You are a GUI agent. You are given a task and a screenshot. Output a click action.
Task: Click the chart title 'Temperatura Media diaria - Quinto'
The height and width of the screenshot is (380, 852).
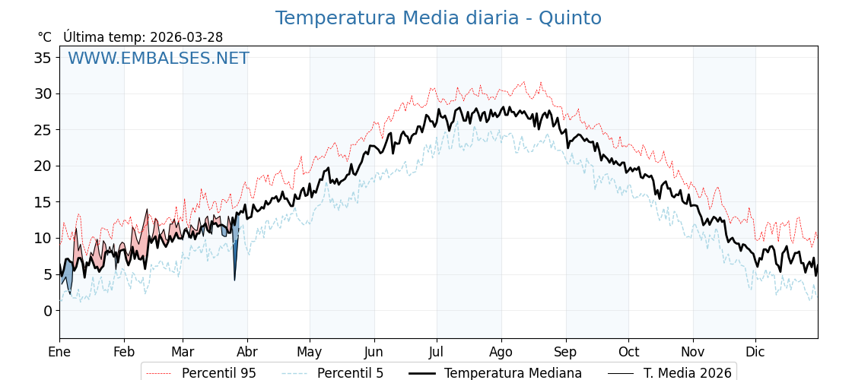tap(438, 18)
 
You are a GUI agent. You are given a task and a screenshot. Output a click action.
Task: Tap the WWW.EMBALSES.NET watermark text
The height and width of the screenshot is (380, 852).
tap(158, 59)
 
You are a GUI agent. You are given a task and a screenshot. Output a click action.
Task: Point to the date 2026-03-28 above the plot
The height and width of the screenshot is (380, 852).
tap(186, 37)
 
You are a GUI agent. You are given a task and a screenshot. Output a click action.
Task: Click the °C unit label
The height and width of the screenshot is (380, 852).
tap(44, 37)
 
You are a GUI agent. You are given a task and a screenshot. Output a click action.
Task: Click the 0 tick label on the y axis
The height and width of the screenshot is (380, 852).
tap(47, 311)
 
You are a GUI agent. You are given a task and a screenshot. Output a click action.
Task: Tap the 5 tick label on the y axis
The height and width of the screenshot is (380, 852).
tap(47, 274)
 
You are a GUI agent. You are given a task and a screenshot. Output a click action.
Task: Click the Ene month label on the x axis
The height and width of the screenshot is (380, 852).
tap(59, 352)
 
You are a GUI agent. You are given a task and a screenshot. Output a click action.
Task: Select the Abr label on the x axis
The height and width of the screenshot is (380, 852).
tap(247, 352)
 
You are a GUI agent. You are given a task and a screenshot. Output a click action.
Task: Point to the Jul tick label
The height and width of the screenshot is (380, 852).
tap(437, 352)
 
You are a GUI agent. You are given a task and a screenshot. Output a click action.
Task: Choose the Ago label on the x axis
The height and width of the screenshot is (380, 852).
tap(501, 352)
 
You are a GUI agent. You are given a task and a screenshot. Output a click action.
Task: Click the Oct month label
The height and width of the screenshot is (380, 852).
tap(628, 352)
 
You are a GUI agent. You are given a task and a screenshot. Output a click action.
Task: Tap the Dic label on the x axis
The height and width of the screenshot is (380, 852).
tap(755, 352)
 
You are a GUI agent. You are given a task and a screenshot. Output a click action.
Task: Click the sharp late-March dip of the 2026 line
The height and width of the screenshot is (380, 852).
tap(234, 277)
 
